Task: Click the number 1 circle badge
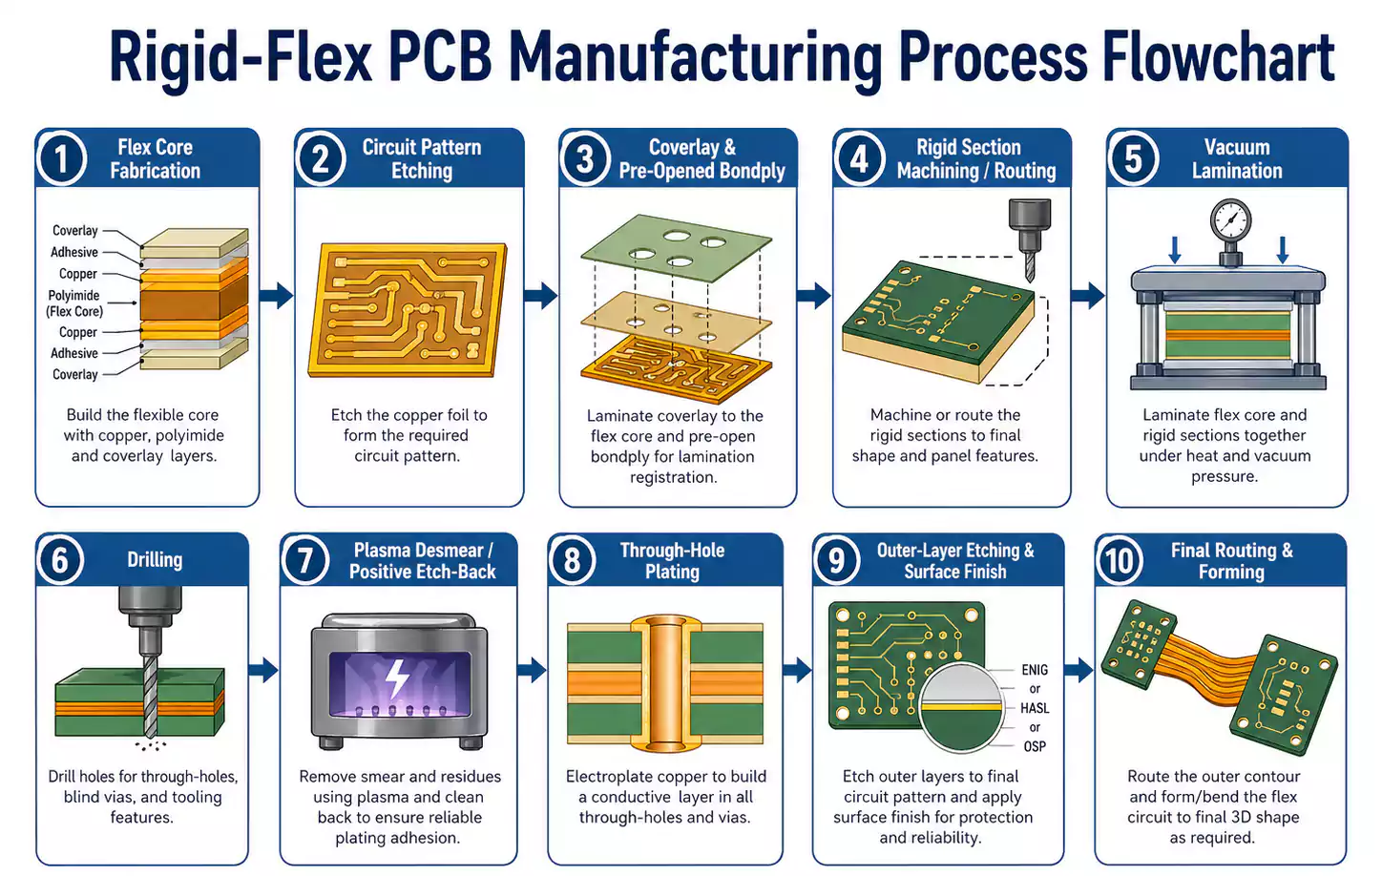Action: (x=62, y=158)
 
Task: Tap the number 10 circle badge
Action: (x=1120, y=560)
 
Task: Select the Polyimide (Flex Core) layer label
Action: (x=74, y=303)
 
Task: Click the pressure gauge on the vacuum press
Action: (x=1229, y=223)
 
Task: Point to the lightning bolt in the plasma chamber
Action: (x=397, y=679)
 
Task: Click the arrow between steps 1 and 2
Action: (x=277, y=295)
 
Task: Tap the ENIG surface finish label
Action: (x=1035, y=670)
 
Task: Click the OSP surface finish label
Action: (x=1035, y=746)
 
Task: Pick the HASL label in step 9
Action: (x=1035, y=708)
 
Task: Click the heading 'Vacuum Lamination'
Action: (x=1237, y=159)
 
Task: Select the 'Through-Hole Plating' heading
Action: (x=672, y=561)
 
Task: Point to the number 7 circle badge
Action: (x=305, y=560)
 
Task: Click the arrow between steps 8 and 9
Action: (x=797, y=670)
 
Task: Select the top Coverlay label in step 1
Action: (x=74, y=231)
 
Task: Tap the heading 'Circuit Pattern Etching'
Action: (x=422, y=159)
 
